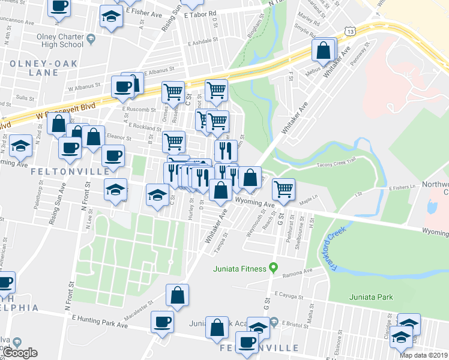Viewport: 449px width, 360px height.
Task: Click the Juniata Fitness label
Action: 239,269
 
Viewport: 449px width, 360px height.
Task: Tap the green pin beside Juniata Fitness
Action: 274,268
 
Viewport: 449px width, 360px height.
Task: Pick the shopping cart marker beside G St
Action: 283,189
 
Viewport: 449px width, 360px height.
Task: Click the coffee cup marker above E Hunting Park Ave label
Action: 161,322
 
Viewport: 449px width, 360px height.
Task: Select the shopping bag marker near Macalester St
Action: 177,295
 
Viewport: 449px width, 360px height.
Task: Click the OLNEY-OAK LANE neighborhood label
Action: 34,67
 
